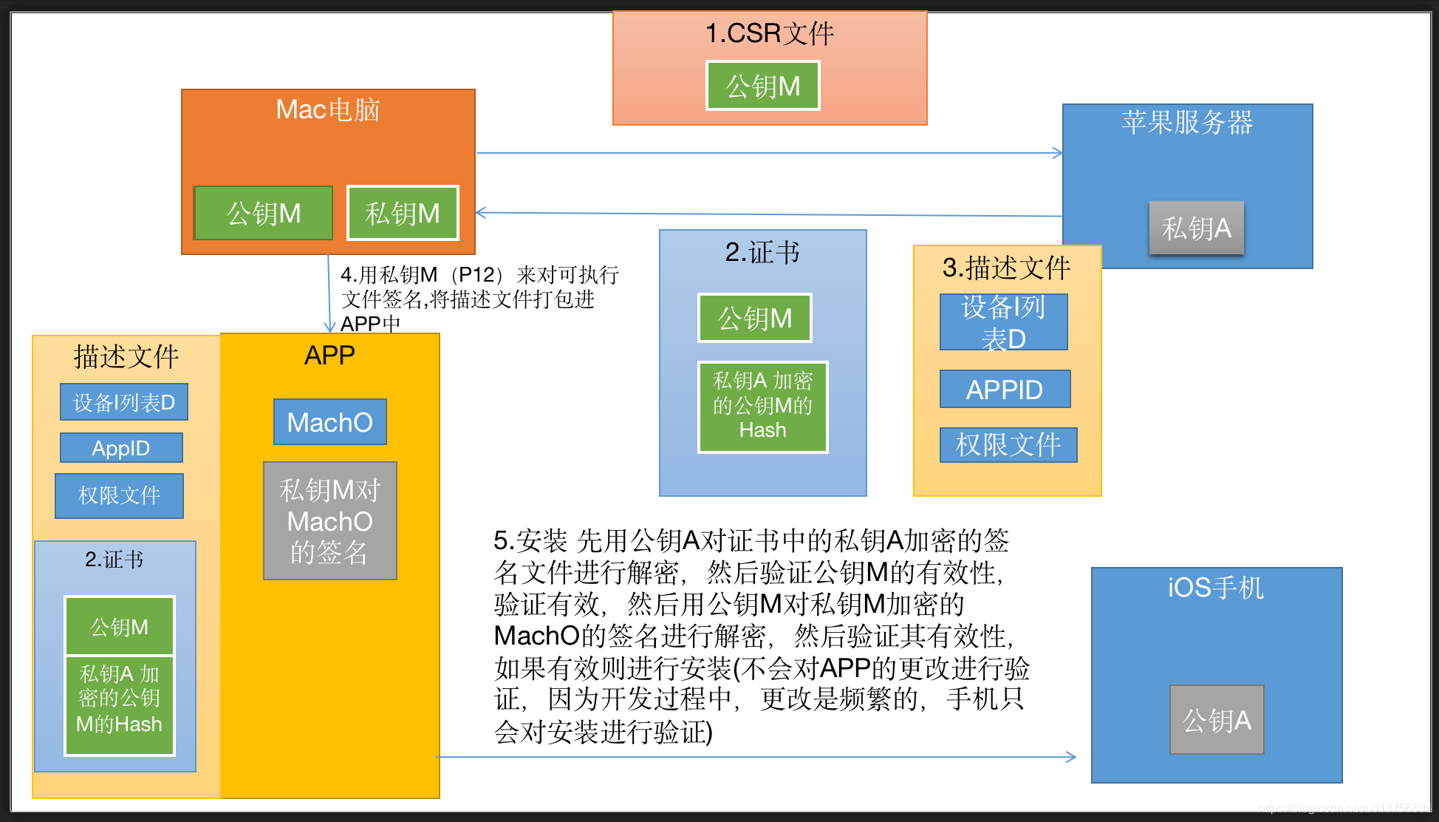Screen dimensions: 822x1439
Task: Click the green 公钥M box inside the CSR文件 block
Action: pos(762,86)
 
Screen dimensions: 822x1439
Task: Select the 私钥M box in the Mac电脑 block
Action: pos(403,213)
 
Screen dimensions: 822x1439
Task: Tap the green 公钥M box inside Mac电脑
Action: pos(264,213)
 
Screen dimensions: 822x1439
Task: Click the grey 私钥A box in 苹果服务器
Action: pos(1196,228)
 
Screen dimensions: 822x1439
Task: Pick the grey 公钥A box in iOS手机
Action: pos(1217,719)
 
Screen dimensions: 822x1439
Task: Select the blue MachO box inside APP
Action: pos(329,422)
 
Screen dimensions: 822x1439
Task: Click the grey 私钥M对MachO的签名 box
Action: pos(329,520)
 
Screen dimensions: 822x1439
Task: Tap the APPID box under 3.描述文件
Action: pos(1005,389)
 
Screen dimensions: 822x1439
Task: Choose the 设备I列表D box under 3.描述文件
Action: pos(1003,322)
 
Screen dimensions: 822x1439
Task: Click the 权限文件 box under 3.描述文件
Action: pos(1008,444)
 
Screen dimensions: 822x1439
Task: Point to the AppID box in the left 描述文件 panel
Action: pos(121,448)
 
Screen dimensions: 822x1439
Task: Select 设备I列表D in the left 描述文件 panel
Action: pos(124,402)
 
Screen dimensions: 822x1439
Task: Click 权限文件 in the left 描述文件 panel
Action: pos(119,495)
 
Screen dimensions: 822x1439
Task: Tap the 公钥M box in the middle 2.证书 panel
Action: pos(754,318)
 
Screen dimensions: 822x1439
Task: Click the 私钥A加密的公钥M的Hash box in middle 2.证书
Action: pos(762,407)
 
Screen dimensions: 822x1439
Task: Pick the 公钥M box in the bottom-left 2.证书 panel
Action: pos(120,626)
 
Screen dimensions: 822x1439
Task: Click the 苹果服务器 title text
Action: pos(1186,122)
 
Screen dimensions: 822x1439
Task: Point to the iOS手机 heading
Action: pos(1216,588)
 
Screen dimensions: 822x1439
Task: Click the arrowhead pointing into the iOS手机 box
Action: pos(1071,756)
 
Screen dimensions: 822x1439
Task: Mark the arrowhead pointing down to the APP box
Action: pos(329,327)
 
